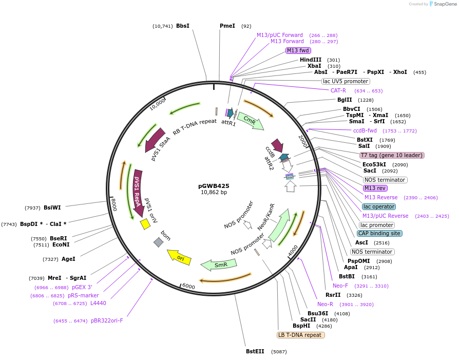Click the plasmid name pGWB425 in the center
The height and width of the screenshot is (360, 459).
(x=214, y=186)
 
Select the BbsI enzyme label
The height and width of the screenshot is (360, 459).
(x=183, y=26)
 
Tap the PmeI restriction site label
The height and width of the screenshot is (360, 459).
(x=227, y=26)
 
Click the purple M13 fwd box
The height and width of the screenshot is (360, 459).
(x=298, y=50)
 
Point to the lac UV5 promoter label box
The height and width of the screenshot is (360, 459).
(x=346, y=81)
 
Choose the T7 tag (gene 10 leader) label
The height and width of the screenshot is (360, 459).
(x=392, y=155)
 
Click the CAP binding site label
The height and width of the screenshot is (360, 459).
(x=379, y=233)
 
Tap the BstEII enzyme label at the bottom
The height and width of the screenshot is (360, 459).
(x=255, y=352)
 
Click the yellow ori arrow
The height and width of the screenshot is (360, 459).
(x=179, y=257)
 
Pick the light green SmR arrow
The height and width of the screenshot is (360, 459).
(x=219, y=265)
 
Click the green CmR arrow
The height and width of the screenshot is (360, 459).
(x=251, y=121)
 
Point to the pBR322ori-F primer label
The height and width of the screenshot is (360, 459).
(x=107, y=320)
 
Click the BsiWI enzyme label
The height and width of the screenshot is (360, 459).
(x=52, y=207)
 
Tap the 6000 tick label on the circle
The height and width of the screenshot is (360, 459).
(x=188, y=286)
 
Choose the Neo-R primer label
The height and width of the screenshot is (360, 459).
(x=325, y=304)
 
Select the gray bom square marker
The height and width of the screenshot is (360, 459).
(x=159, y=242)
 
